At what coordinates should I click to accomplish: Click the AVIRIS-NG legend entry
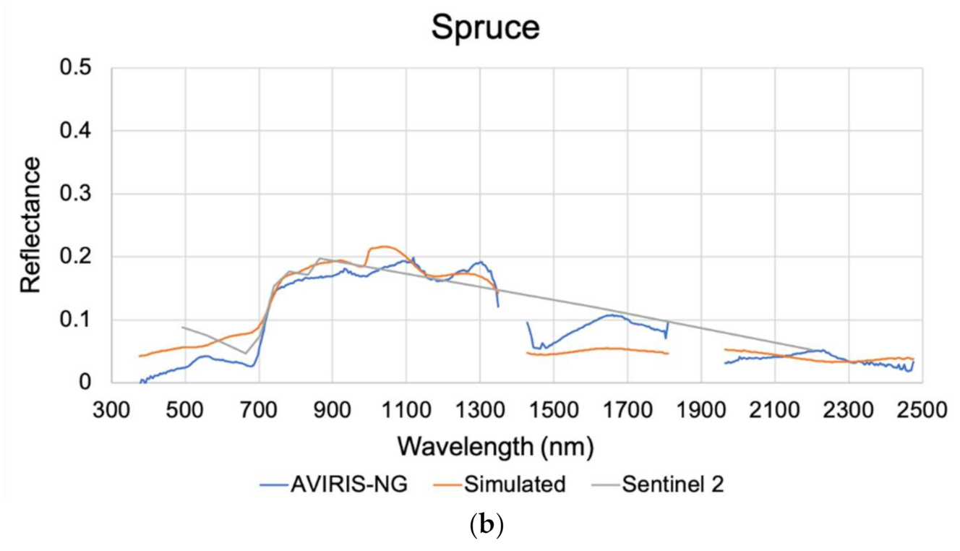click(334, 484)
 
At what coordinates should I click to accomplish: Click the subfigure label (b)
click(480, 526)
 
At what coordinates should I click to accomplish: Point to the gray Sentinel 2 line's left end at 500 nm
click(183, 327)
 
